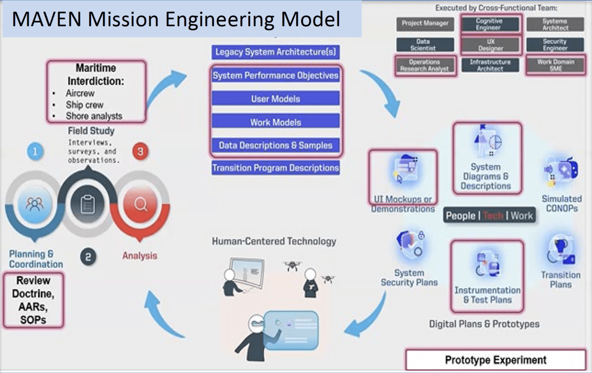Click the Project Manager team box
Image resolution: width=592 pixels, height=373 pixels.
[x=425, y=24]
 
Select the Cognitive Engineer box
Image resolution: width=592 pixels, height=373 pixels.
[x=489, y=24]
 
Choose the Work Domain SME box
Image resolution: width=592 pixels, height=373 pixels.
[x=555, y=65]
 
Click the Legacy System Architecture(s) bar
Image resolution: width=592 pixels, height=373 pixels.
[x=276, y=52]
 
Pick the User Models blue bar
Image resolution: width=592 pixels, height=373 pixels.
[x=276, y=99]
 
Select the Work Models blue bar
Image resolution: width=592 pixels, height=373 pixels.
[x=276, y=122]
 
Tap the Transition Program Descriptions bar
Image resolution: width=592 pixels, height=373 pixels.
[x=276, y=168]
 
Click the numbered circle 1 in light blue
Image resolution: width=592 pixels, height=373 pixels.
[x=35, y=151]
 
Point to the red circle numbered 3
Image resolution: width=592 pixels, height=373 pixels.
[x=140, y=151]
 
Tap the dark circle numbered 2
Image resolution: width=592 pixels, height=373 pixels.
[x=88, y=257]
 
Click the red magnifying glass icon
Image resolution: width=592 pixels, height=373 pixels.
[x=140, y=204]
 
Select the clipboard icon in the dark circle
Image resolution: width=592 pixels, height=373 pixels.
[x=88, y=204]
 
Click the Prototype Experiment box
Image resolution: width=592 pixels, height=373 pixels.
[x=495, y=360]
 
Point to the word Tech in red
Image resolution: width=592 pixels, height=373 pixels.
[x=493, y=216]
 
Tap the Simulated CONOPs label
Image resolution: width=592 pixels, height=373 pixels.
[x=562, y=203]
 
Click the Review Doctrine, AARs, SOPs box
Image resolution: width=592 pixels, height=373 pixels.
[x=34, y=300]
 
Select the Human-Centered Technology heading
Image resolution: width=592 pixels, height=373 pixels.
[x=274, y=242]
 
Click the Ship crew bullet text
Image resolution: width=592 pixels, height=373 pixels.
[x=84, y=105]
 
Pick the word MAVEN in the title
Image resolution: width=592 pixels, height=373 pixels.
[x=47, y=19]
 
